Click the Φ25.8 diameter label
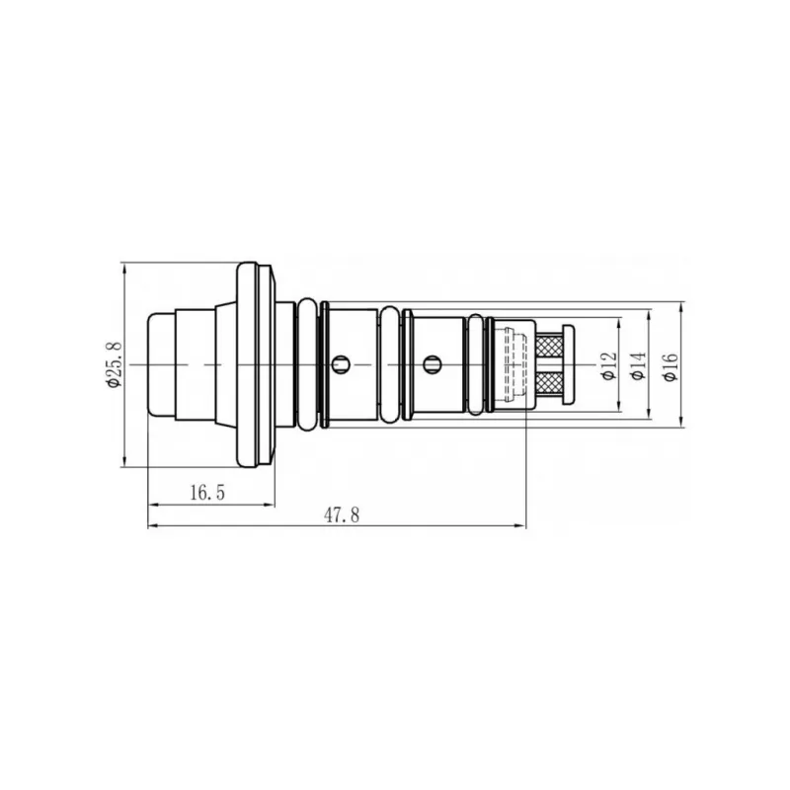click(115, 364)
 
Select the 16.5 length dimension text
click(207, 492)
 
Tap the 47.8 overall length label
click(342, 514)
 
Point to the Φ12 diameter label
click(608, 365)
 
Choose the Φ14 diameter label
click(638, 365)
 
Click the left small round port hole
click(341, 363)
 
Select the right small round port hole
click(432, 363)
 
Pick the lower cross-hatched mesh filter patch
click(550, 382)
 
